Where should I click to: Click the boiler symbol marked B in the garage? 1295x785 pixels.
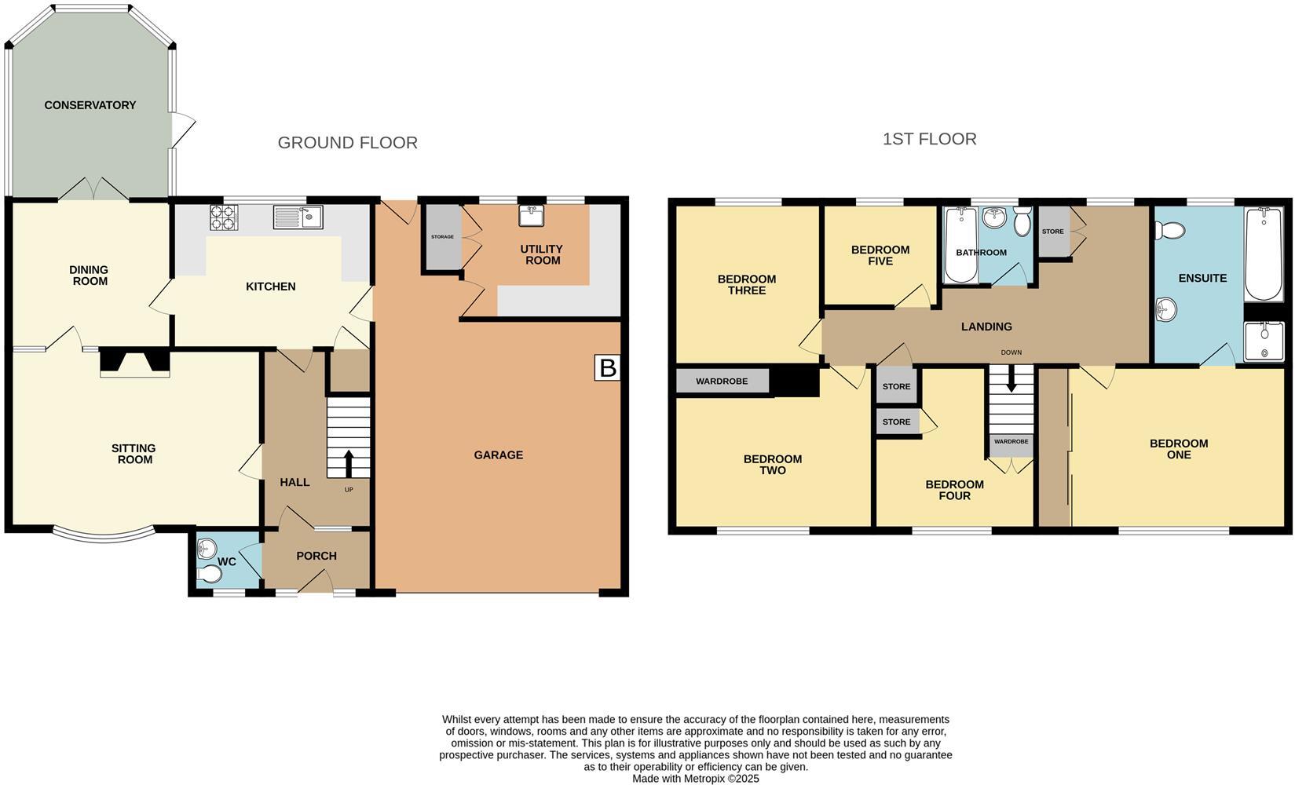607,367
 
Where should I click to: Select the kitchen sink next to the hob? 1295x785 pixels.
298,217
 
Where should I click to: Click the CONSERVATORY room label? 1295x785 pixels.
90,105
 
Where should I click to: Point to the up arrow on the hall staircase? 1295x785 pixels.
348,462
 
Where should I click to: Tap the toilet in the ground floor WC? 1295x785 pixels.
209,576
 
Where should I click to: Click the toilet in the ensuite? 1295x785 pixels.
1171,230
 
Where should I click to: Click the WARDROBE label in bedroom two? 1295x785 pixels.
722,382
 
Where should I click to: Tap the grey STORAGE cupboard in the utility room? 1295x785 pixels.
443,237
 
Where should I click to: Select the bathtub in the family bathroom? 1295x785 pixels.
960,245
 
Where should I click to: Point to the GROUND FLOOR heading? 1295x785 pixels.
348,143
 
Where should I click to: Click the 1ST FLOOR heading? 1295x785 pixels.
929,139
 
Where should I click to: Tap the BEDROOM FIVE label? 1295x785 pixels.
880,255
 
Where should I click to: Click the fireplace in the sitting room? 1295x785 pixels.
135,363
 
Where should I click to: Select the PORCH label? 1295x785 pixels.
316,556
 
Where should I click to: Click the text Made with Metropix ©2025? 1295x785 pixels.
696,779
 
